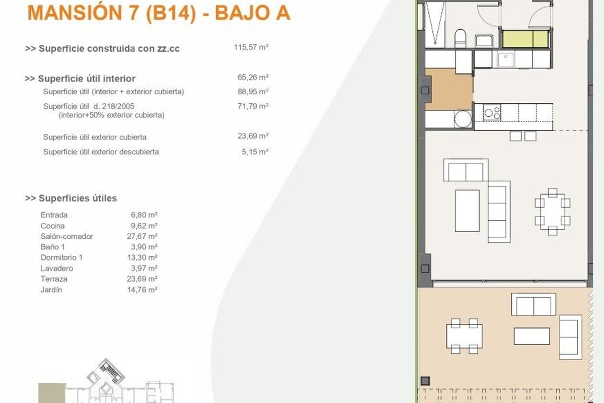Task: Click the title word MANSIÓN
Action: tap(74, 13)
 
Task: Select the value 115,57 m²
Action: tap(251, 47)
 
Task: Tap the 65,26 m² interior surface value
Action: tap(253, 78)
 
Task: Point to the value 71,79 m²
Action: tap(253, 106)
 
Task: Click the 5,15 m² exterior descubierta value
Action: tap(255, 152)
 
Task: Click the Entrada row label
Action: tap(54, 215)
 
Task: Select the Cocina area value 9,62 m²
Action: tap(144, 226)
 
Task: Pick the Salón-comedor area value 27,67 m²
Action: tap(142, 236)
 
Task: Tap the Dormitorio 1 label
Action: tap(61, 257)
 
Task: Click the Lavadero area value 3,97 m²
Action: tap(144, 268)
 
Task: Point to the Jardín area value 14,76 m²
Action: tap(142, 290)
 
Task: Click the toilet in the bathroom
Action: tap(460, 39)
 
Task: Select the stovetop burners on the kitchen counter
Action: tap(492, 112)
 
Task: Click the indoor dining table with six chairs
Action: tap(553, 212)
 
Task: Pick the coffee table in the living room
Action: tap(467, 211)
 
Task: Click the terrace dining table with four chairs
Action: tap(464, 336)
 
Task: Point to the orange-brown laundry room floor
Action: tap(449, 89)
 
